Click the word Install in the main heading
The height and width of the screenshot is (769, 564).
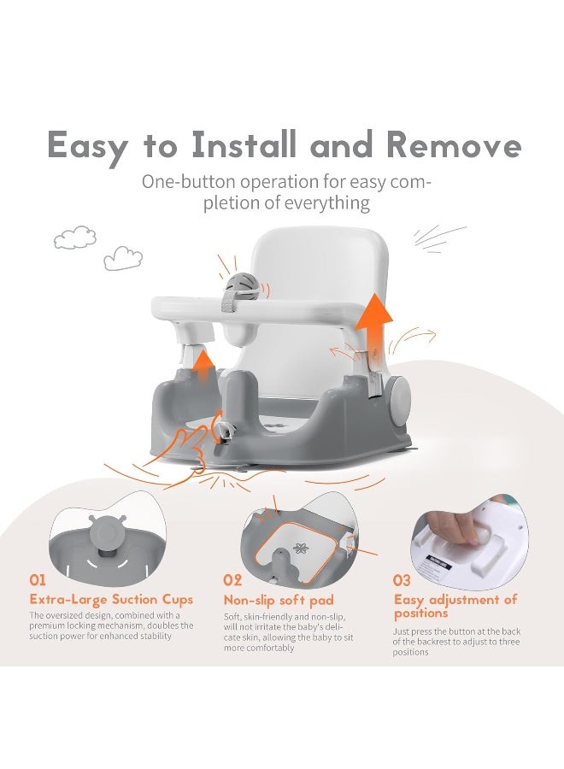pyautogui.click(x=244, y=144)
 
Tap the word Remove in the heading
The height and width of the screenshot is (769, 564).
pyautogui.click(x=454, y=144)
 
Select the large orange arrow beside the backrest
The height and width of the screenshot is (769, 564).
pyautogui.click(x=374, y=323)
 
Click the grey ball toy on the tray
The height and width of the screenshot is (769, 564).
pyautogui.click(x=241, y=285)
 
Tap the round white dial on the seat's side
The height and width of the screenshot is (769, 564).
pyautogui.click(x=400, y=405)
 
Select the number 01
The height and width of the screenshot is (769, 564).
pyautogui.click(x=38, y=580)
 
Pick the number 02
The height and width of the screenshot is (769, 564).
pyautogui.click(x=232, y=580)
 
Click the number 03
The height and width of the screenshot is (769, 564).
pyautogui.click(x=401, y=580)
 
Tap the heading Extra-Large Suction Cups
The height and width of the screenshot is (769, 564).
pyautogui.click(x=111, y=599)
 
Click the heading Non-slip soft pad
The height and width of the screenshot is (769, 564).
pyautogui.click(x=279, y=600)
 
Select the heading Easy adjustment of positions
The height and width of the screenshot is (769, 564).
pyautogui.click(x=455, y=606)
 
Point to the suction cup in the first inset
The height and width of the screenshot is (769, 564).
pyautogui.click(x=104, y=534)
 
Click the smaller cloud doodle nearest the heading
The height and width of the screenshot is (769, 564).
pyautogui.click(x=123, y=258)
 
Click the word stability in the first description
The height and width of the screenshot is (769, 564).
pyautogui.click(x=157, y=636)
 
